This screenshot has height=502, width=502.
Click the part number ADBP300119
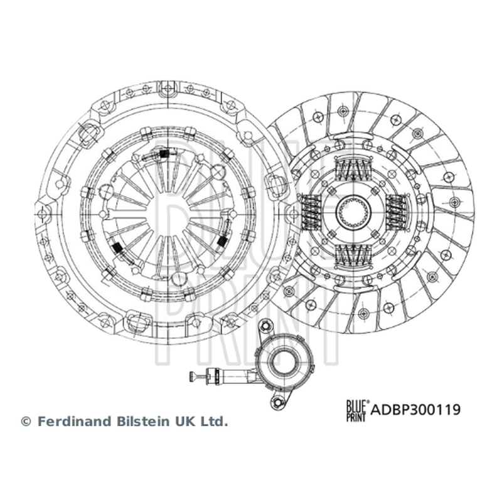coord(415,410)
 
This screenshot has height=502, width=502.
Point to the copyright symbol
coord(26,422)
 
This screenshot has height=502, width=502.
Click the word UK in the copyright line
coord(184,421)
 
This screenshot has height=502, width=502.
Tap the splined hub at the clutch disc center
coord(353,211)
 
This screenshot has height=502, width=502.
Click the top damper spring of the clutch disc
coord(353,169)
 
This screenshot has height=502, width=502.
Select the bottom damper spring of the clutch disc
coord(353,255)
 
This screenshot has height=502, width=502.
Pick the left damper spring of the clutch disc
coord(311,212)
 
